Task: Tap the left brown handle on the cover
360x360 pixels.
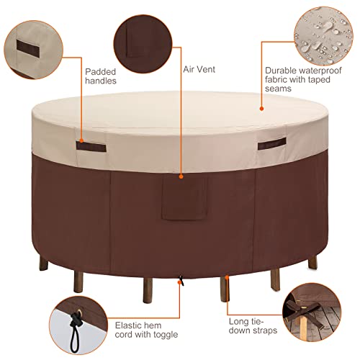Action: pos(91,147)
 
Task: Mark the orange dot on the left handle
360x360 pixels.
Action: pos(82,140)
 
